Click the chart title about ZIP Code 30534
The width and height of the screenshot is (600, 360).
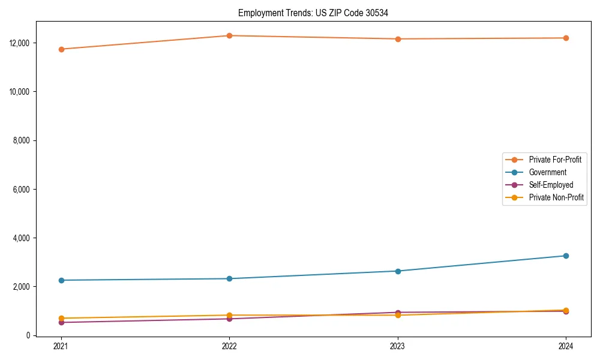click(313, 13)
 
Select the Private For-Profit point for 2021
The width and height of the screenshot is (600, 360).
click(61, 49)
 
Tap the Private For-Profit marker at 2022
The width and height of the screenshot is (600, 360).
click(229, 35)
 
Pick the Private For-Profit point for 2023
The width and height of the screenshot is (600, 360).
click(398, 39)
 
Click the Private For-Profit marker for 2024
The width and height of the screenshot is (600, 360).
click(566, 38)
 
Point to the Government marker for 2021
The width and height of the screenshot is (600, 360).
click(61, 280)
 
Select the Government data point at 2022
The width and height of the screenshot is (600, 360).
click(229, 278)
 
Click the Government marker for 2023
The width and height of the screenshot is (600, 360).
click(398, 271)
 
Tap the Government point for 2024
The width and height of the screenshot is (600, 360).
click(566, 256)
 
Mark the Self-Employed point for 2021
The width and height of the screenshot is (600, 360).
click(61, 322)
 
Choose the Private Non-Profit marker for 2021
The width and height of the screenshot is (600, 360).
click(61, 318)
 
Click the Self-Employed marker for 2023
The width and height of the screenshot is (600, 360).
click(398, 313)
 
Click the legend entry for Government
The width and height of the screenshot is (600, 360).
click(547, 172)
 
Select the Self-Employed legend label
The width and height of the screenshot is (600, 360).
click(551, 185)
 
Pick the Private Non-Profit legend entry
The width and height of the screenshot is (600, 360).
click(556, 197)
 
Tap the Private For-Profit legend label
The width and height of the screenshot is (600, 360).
click(555, 160)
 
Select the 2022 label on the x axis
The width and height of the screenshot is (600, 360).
click(229, 346)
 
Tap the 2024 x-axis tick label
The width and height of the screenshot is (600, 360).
click(566, 346)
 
